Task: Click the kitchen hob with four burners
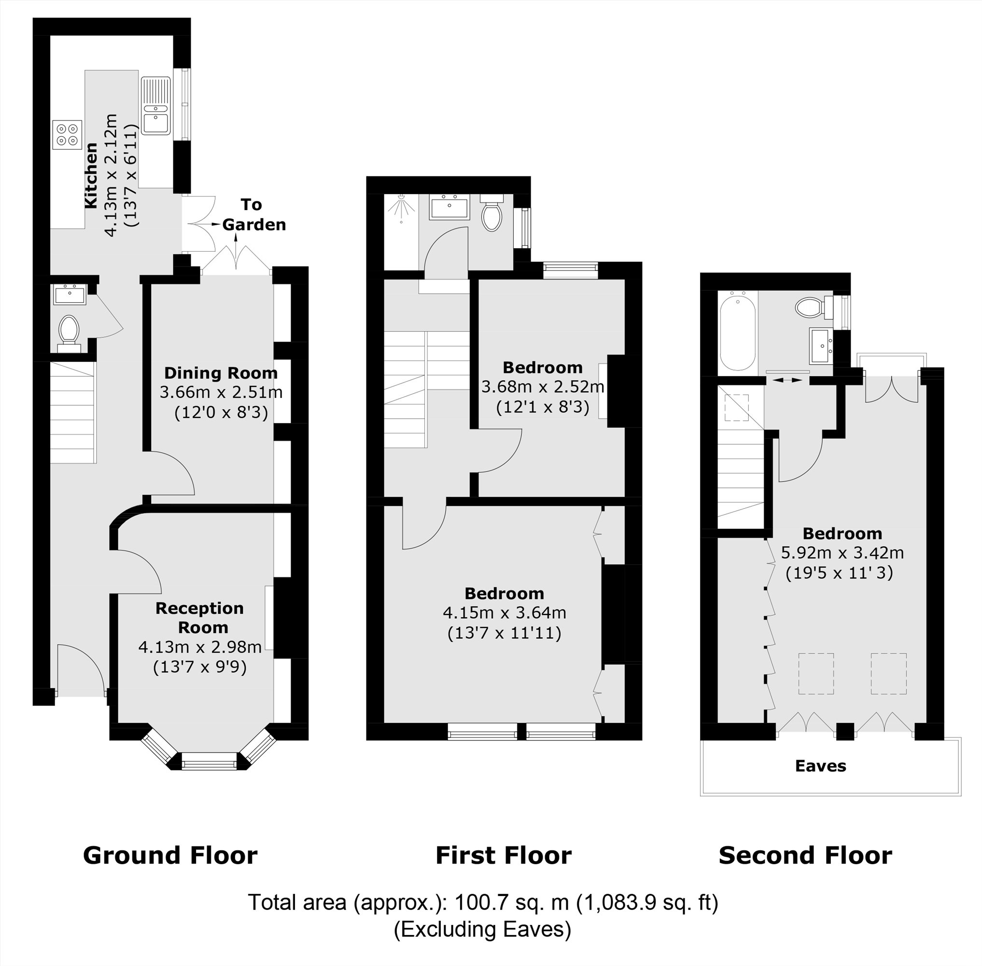(x=67, y=134)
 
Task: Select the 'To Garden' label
(x=253, y=214)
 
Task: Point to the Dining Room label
(x=221, y=373)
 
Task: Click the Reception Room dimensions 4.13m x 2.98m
(x=200, y=647)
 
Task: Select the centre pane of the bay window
(x=209, y=762)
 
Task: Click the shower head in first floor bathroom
(x=401, y=205)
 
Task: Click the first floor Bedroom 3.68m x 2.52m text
(x=542, y=386)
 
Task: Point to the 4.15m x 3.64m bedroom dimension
(x=504, y=613)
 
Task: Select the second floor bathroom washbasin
(x=820, y=346)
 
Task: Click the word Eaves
(x=820, y=766)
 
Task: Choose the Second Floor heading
(x=805, y=855)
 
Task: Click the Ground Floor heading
(x=170, y=855)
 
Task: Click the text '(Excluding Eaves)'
(x=482, y=929)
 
